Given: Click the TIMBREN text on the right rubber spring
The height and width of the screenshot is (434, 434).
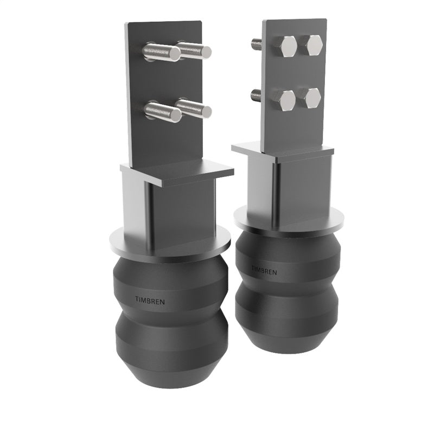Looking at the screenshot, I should tap(264, 270).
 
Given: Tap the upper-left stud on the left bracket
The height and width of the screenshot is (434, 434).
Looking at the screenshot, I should tap(161, 52).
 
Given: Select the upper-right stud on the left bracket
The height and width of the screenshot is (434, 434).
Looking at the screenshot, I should tap(194, 50).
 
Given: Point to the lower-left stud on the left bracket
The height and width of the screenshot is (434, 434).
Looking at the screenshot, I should tap(162, 111).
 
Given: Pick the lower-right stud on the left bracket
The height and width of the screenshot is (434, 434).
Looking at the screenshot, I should tap(194, 108).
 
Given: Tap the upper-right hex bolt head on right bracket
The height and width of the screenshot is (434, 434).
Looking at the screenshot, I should tap(314, 45).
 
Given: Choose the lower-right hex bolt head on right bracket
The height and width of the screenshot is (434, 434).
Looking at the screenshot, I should tap(311, 98).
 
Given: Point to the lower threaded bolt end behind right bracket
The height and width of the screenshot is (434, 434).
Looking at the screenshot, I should tap(256, 95).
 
